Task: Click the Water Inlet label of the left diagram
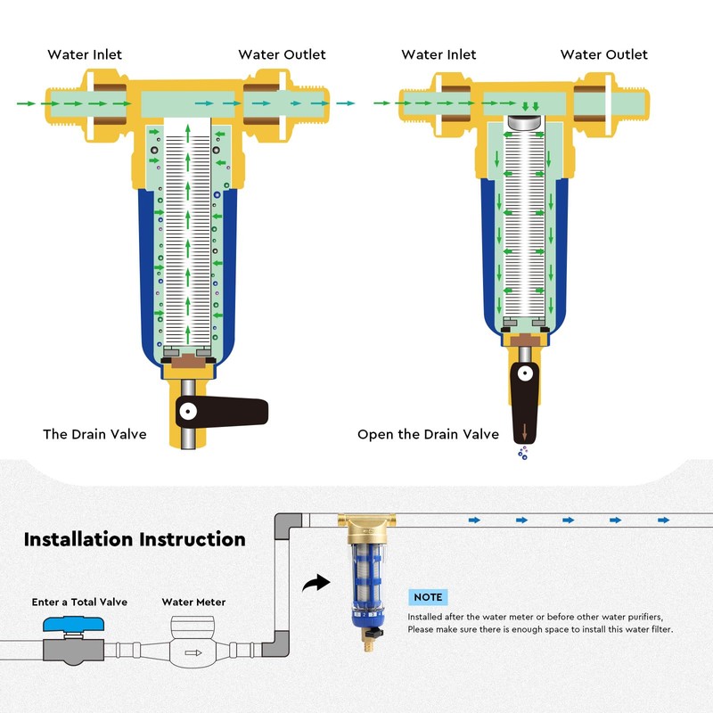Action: (85, 54)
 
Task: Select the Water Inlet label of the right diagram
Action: (438, 54)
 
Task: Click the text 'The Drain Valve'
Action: (94, 434)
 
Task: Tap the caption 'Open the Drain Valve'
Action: (428, 434)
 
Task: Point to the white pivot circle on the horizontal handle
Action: (188, 411)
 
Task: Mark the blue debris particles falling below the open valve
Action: (523, 454)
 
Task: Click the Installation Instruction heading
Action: (135, 539)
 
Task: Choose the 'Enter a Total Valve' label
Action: (79, 602)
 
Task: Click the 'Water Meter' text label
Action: (193, 602)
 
